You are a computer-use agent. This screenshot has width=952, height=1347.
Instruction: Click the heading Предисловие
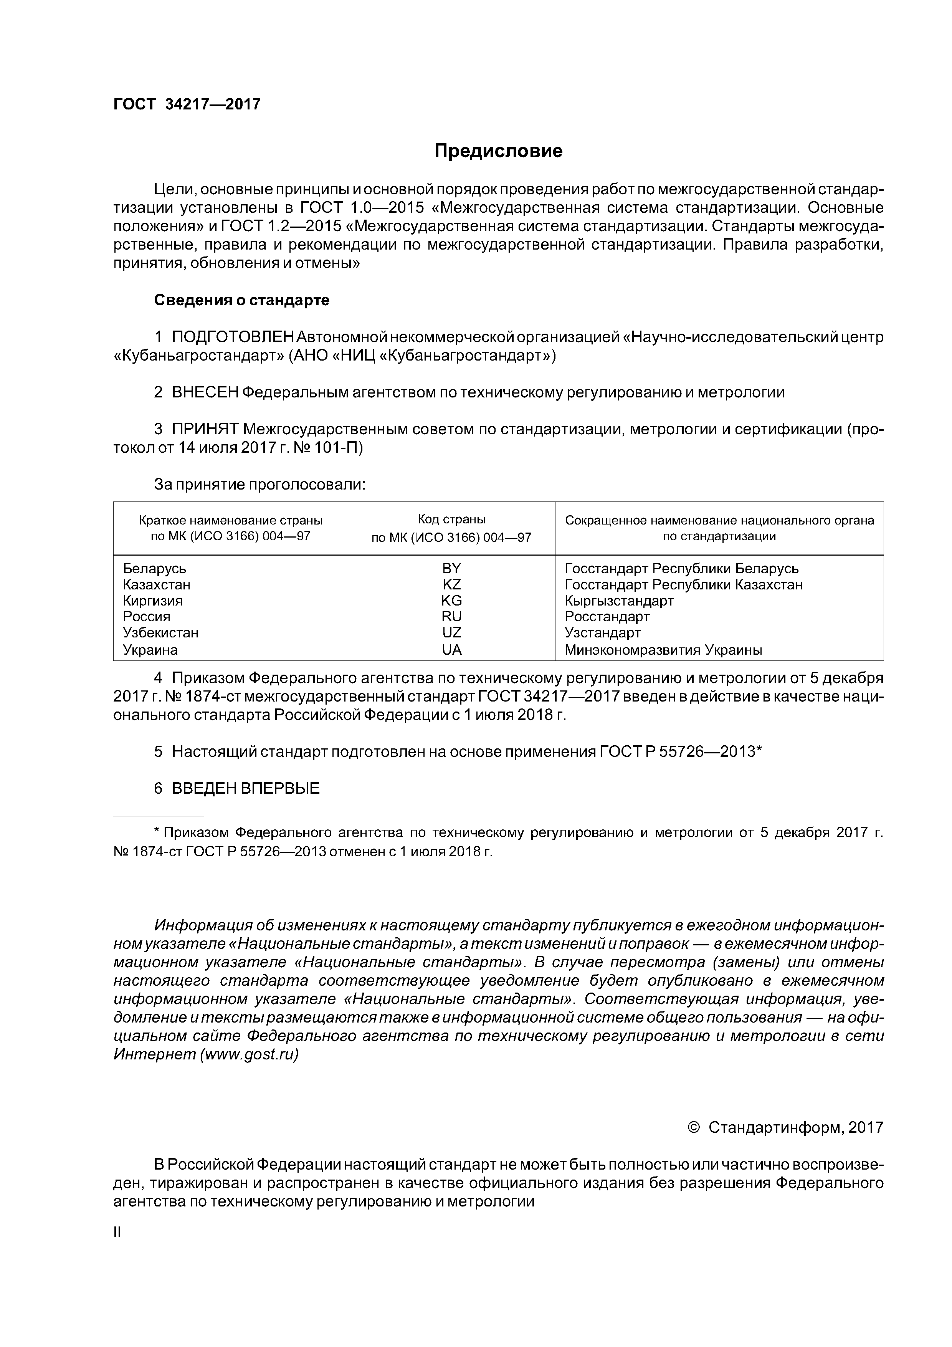point(498,151)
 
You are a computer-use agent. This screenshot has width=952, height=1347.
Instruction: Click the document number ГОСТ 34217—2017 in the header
point(187,104)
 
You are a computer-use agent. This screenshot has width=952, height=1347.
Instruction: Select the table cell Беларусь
point(154,569)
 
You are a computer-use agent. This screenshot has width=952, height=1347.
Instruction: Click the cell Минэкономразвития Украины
point(663,649)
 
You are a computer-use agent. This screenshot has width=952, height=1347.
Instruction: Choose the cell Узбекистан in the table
point(160,632)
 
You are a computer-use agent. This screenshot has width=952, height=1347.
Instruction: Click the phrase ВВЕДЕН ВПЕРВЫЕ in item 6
point(245,788)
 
